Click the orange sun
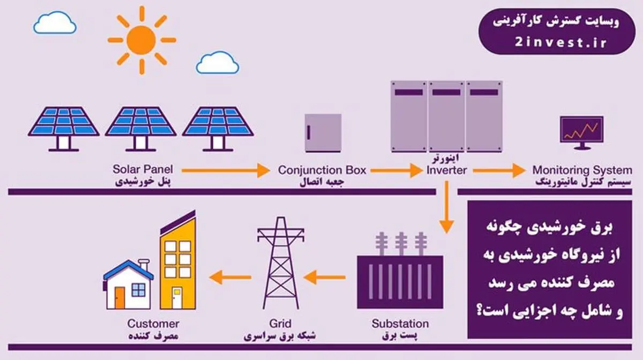142,40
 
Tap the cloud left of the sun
55,22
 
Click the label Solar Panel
143,169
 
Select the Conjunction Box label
322,170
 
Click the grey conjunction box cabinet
323,133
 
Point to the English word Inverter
447,170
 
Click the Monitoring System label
582,170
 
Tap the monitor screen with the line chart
582,129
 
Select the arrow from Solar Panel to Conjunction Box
226,171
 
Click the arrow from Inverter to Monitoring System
499,171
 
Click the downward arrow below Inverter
446,207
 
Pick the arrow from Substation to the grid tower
324,277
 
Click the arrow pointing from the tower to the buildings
230,277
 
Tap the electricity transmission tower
281,262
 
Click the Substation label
400,324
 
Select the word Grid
280,324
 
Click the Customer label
153,324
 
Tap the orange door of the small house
119,297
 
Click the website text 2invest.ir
560,42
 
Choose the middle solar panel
140,129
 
